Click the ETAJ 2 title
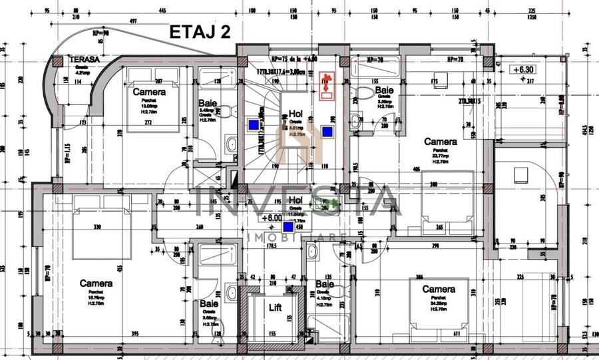pos(200,33)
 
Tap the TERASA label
pos(85,59)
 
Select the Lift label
pos(275,307)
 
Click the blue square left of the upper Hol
pos(254,123)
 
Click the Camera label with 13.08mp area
pos(149,91)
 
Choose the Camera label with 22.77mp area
pos(441,142)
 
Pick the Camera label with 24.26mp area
pos(439,289)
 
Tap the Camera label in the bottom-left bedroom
pos(96,283)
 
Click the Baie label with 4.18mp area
pos(325,284)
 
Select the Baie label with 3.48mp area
pos(206,104)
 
